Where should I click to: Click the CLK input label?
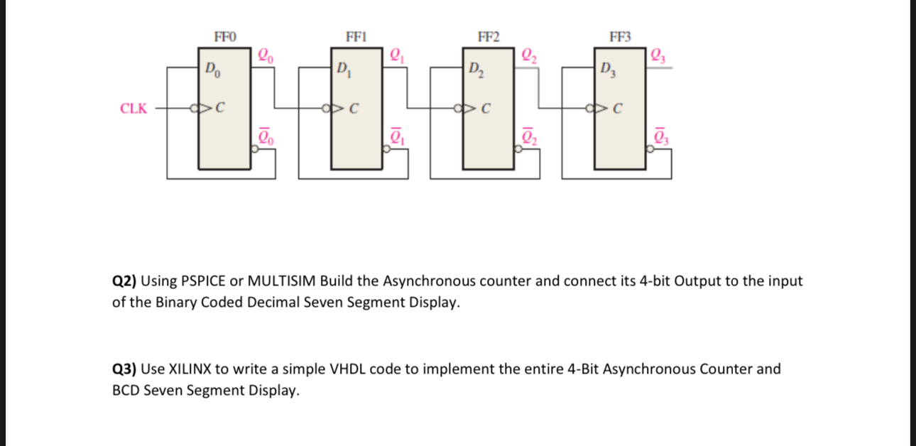133,109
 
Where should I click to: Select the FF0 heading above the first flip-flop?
225,36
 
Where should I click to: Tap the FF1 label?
356,36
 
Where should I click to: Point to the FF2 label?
488,36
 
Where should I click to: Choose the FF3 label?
619,36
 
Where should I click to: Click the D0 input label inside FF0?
212,70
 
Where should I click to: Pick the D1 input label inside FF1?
343,70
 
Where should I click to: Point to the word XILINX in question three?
189,369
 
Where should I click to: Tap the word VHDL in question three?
347,369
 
